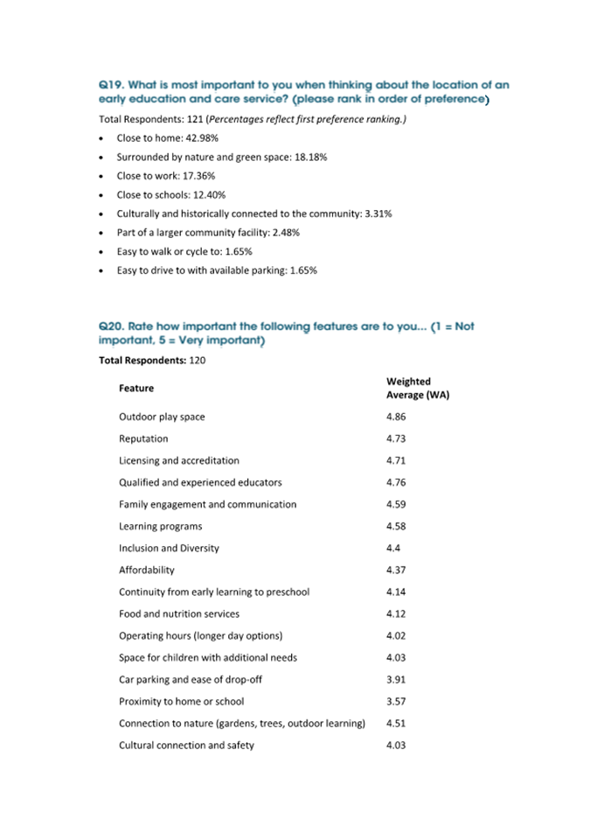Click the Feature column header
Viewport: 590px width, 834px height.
(x=136, y=388)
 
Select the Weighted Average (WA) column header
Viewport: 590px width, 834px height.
(x=417, y=388)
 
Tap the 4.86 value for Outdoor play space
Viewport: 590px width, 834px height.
(x=395, y=417)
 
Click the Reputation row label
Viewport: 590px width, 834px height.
(x=143, y=438)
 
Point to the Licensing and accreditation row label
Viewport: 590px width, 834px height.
(x=178, y=460)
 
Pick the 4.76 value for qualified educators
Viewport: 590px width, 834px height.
(x=395, y=482)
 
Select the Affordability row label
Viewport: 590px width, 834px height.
(x=146, y=570)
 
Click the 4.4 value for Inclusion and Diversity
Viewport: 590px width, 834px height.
(x=392, y=548)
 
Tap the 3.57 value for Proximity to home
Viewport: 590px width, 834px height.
(x=395, y=701)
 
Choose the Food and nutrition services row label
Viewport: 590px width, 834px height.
(x=178, y=613)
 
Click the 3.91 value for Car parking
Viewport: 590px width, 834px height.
(x=395, y=679)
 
